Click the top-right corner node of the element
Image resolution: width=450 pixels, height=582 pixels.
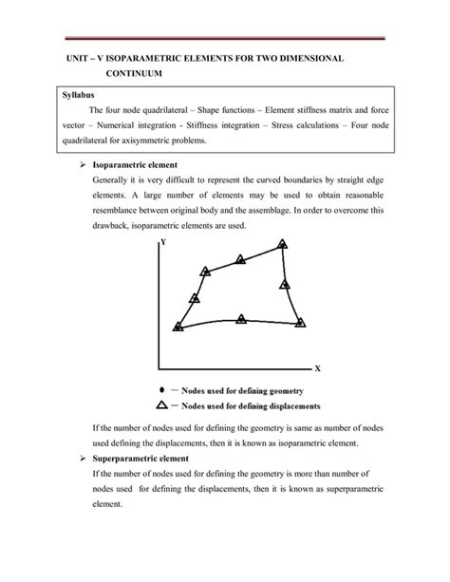point(282,245)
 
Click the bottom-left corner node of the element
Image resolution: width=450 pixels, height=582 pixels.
point(178,327)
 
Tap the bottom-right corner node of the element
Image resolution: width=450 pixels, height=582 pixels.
point(301,323)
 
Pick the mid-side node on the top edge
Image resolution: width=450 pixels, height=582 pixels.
point(240,258)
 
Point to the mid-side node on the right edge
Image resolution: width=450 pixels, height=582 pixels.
point(284,285)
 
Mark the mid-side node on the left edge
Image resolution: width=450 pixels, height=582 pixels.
point(195,298)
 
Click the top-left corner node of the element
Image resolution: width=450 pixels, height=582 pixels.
point(203,271)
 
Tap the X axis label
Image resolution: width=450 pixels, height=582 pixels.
point(318,368)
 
